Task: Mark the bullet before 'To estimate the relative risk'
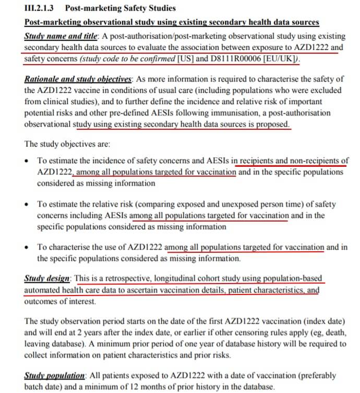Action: [27, 205]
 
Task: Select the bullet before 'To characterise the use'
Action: [27, 248]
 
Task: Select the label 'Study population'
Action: [55, 376]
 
